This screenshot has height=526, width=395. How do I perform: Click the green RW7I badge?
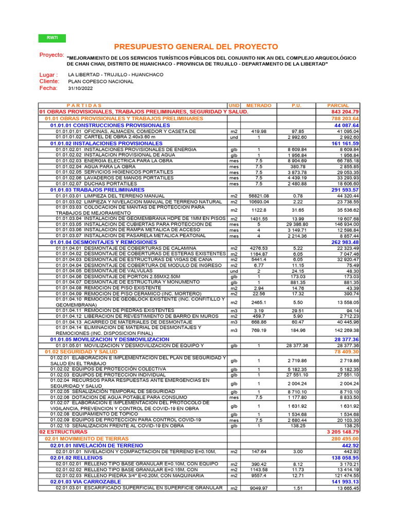point(52,38)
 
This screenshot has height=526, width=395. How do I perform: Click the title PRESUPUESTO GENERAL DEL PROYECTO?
point(196,47)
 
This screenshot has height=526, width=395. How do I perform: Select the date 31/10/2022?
point(80,88)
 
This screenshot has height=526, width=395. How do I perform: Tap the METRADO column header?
point(259,105)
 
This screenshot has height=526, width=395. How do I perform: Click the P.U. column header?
point(296,105)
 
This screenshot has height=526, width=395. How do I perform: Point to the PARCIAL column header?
point(338,105)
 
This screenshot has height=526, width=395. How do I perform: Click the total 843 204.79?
point(345,112)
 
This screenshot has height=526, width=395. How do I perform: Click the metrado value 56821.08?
point(258,196)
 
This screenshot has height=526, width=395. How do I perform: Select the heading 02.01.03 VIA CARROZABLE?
point(86,482)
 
